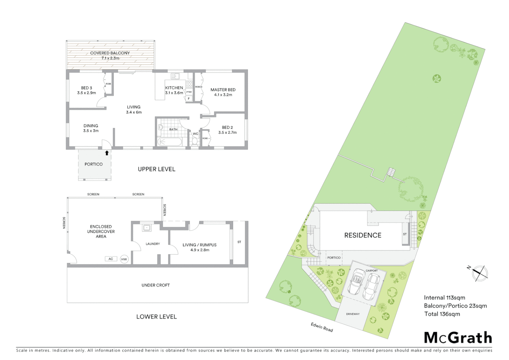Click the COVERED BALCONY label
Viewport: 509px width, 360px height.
[110, 53]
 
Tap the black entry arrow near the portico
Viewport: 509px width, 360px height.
[107, 153]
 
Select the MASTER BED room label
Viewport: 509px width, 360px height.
[223, 90]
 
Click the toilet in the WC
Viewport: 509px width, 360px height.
[195, 141]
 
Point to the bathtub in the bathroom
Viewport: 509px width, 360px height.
[170, 142]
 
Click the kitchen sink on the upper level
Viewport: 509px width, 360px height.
[175, 76]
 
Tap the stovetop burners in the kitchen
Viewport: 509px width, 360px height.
[189, 84]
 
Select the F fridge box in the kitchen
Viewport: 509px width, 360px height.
[189, 98]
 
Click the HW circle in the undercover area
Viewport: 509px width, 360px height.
[124, 259]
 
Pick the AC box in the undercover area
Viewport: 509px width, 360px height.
[111, 259]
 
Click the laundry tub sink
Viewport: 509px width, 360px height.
[146, 228]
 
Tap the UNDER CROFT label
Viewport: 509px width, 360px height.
[156, 285]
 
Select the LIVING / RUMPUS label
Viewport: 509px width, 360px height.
[199, 245]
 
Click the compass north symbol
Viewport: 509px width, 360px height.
[479, 272]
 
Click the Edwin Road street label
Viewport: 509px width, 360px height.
[322, 327]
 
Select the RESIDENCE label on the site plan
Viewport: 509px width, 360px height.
[362, 235]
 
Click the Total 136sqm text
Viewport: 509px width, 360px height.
[442, 314]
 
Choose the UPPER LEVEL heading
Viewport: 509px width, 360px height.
[156, 169]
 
